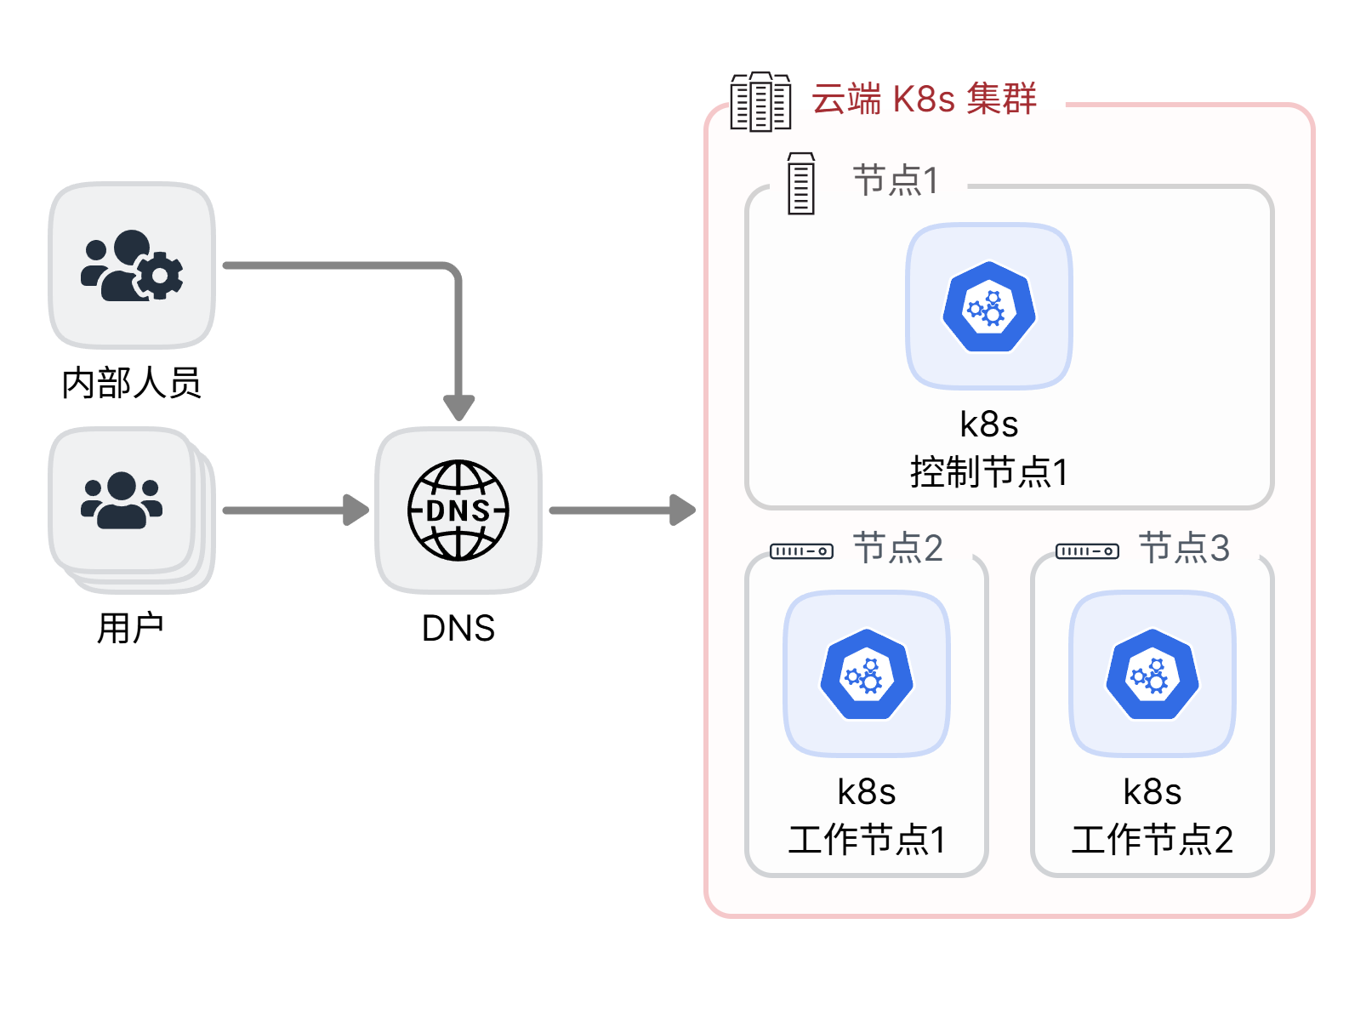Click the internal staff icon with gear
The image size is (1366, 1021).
(132, 265)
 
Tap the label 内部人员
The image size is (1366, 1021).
(131, 383)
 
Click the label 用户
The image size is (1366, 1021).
(130, 628)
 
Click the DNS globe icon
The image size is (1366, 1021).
(458, 510)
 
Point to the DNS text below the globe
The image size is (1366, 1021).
(458, 628)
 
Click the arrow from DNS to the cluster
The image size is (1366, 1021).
(622, 510)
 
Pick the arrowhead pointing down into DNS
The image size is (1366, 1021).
(458, 408)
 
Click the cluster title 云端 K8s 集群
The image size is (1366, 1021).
(924, 99)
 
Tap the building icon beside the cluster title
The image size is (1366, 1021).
(760, 102)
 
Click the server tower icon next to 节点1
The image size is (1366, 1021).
(800, 183)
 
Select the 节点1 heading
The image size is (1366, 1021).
(896, 180)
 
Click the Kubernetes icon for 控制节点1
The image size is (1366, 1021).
(989, 306)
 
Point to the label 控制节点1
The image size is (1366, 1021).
(989, 471)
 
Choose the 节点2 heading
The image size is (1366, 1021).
(897, 548)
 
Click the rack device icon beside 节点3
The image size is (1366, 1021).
(1087, 551)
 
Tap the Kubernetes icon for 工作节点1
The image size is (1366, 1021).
(867, 674)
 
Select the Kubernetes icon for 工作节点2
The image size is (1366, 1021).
(1153, 674)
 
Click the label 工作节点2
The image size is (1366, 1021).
(1153, 839)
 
